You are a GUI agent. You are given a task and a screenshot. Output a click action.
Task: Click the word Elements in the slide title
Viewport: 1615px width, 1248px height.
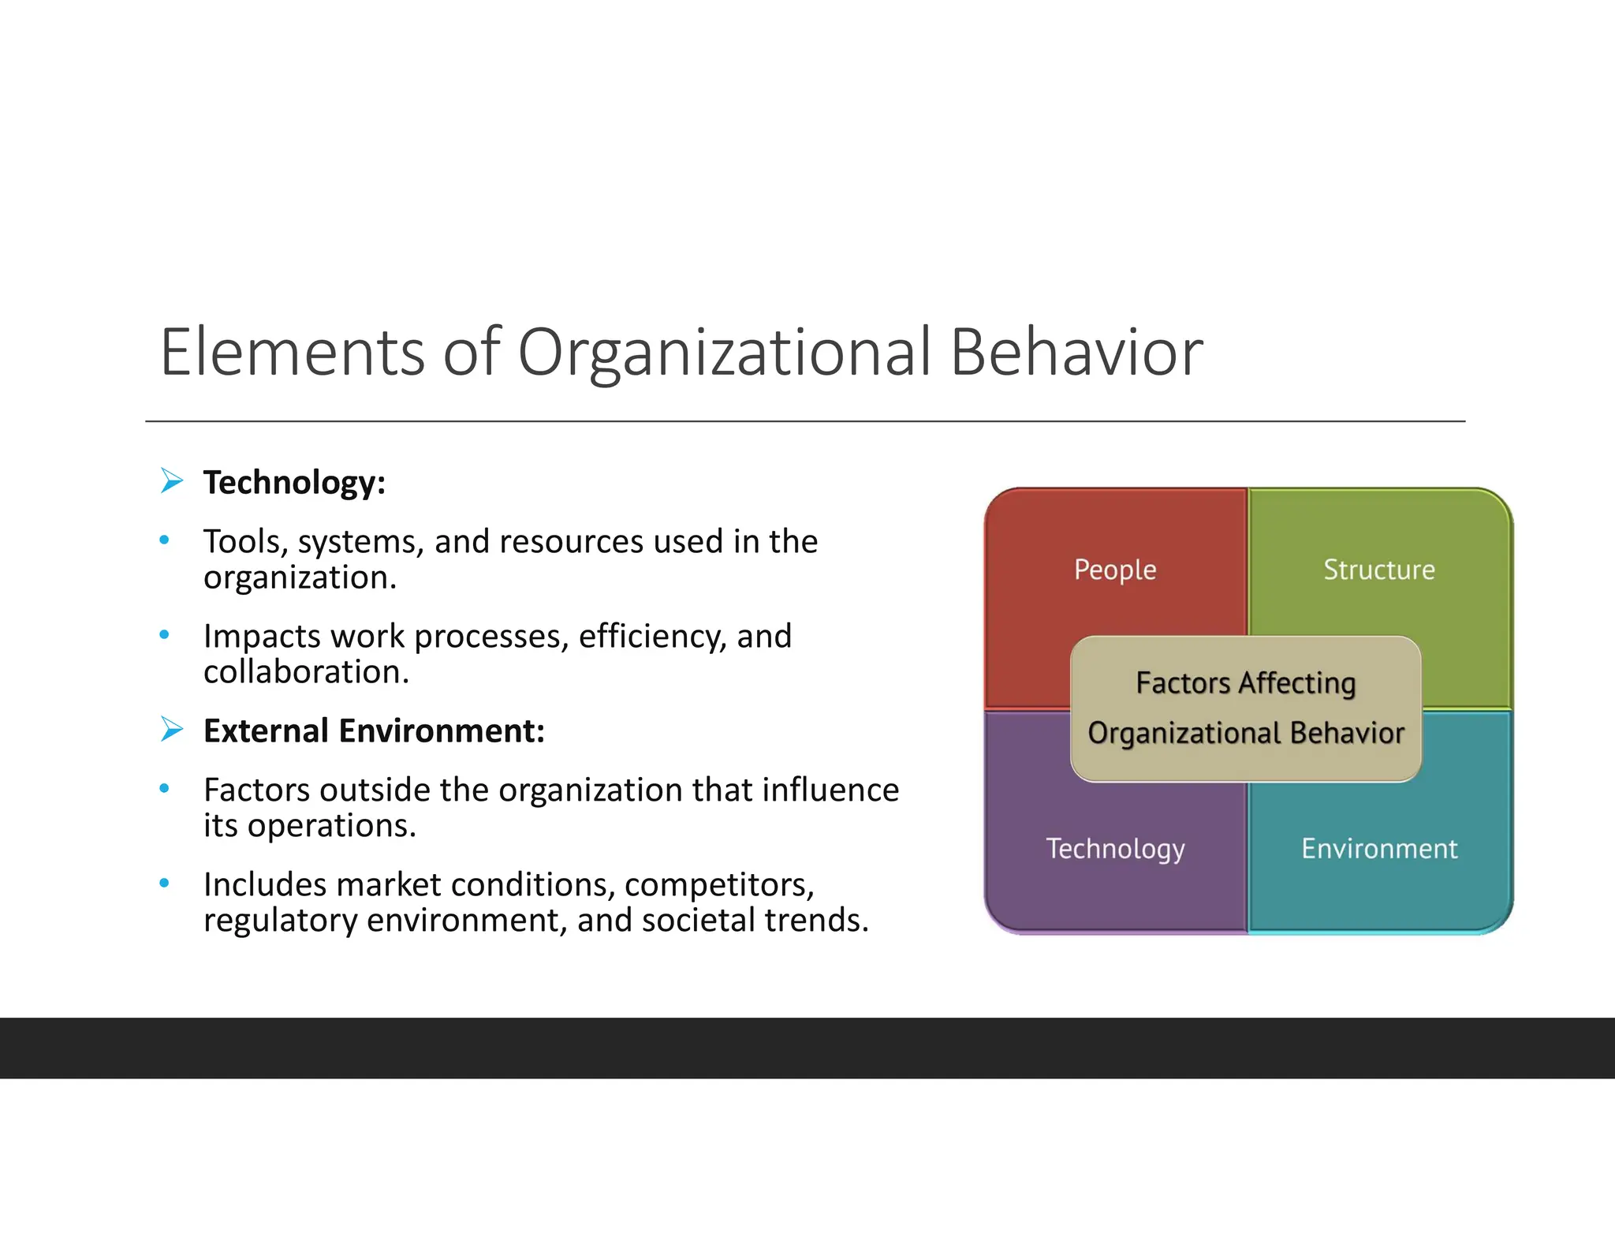tap(293, 352)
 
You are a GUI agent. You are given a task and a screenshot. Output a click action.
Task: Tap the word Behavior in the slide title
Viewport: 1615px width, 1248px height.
tap(1076, 352)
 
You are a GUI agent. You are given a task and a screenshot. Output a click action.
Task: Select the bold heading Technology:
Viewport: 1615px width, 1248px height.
tap(294, 483)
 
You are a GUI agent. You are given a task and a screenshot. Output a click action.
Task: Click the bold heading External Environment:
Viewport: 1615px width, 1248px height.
tap(374, 731)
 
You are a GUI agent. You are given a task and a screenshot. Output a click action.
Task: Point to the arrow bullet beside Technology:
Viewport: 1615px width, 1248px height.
tap(171, 480)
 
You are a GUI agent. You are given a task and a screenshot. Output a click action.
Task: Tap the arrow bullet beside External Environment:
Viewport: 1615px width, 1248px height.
tap(171, 729)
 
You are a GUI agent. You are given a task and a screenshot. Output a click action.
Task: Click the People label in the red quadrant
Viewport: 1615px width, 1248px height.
tap(1115, 570)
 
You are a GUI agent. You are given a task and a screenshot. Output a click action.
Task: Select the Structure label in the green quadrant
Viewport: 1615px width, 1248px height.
tap(1378, 570)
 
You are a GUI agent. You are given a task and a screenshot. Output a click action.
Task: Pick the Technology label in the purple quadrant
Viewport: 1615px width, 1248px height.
tap(1115, 849)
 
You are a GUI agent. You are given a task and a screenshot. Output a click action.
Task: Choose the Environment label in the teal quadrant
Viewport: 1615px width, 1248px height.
tap(1379, 849)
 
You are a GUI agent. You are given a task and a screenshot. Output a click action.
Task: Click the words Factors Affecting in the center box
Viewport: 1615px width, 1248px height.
tap(1245, 683)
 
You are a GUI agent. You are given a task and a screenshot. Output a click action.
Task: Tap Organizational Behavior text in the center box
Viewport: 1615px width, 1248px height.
tap(1246, 733)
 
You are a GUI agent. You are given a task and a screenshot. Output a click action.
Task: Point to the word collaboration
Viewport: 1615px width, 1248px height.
tap(306, 672)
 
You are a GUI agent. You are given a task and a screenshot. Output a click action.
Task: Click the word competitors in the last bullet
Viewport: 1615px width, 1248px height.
tap(718, 885)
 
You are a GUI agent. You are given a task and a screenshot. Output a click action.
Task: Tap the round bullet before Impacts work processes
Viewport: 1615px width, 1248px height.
tap(164, 634)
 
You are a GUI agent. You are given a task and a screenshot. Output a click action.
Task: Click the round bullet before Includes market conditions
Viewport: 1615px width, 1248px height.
tap(164, 883)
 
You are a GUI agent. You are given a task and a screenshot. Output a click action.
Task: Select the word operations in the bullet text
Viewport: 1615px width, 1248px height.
tap(331, 826)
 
